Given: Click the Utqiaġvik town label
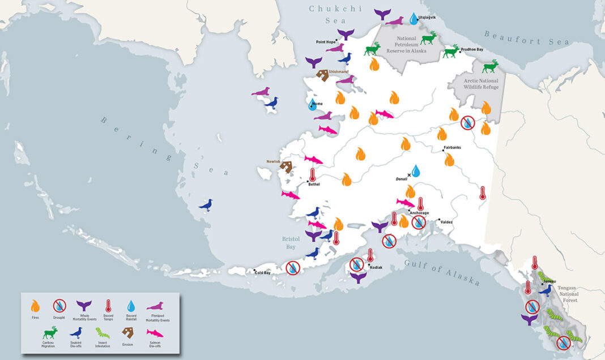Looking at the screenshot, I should coord(427,18).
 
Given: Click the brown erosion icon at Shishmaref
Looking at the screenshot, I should coord(322,75).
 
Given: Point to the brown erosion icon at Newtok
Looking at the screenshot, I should coord(286,166).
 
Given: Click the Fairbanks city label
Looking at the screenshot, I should coord(452,148).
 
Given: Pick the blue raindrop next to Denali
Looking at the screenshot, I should coord(416,171).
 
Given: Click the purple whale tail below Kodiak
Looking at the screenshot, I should coord(358,277).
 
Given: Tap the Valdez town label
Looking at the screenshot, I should coord(446,222).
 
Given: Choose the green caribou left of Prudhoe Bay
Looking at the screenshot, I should coord(451,52).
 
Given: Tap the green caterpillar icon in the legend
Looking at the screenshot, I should coord(103,332).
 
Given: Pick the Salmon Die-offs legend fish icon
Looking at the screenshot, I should coord(155,332).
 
